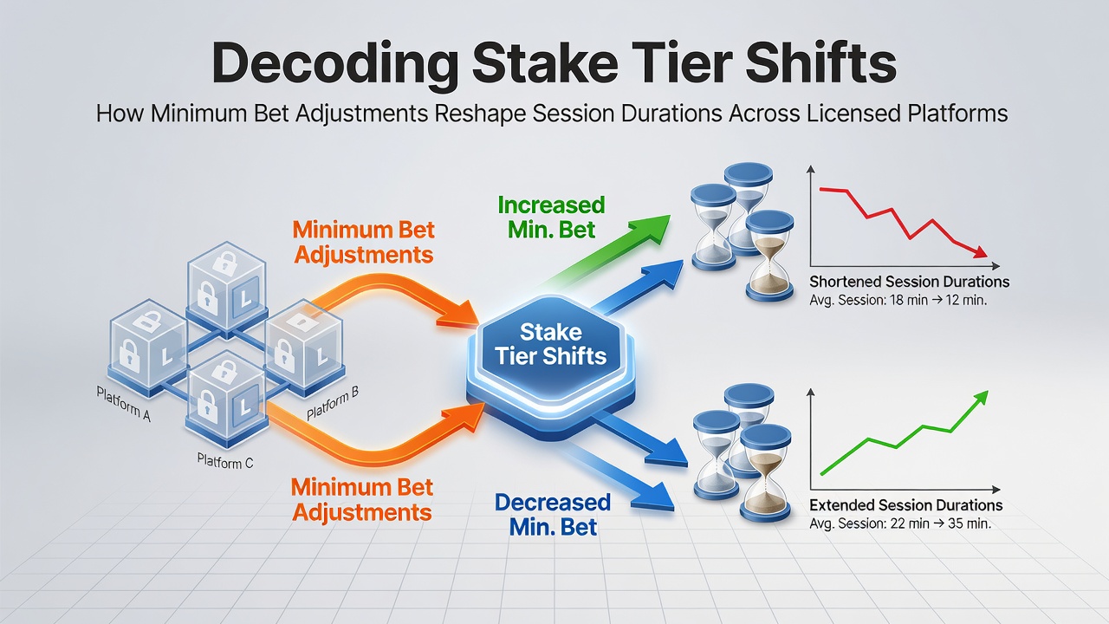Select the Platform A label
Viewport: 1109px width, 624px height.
coord(123,404)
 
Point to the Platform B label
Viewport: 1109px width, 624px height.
coord(332,402)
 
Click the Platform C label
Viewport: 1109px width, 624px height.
coord(225,461)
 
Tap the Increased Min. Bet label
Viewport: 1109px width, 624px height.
coord(552,218)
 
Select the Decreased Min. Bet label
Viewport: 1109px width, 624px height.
coord(553,515)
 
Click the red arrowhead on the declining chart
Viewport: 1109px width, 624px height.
coord(980,252)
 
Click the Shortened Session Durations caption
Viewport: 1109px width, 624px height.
coord(909,282)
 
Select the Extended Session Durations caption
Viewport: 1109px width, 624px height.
coord(906,505)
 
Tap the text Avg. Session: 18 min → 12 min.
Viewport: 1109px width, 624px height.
coord(898,300)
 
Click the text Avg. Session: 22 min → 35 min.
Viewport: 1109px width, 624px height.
coord(900,523)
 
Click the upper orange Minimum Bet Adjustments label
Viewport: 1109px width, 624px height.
coord(363,243)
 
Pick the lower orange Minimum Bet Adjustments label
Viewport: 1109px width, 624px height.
coord(362,500)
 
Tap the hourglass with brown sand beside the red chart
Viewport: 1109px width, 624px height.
coord(770,256)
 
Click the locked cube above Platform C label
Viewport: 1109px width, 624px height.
coord(227,400)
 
